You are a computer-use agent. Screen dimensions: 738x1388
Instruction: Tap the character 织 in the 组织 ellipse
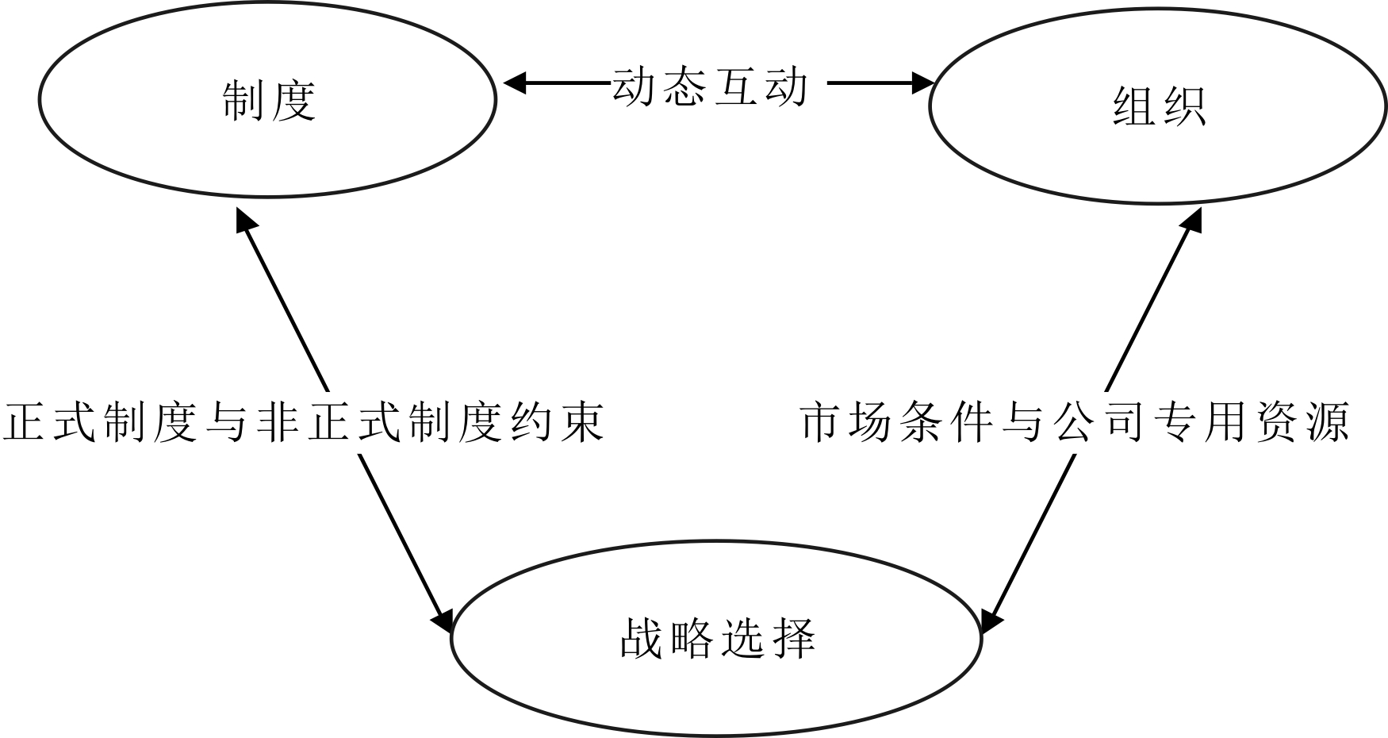pyautogui.click(x=1183, y=106)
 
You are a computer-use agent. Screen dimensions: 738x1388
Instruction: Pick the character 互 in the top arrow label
pyautogui.click(x=736, y=85)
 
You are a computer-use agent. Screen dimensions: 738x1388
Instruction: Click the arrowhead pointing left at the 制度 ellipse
pyautogui.click(x=514, y=83)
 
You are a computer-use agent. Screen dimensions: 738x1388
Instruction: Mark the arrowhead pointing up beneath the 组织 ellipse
pyautogui.click(x=1191, y=218)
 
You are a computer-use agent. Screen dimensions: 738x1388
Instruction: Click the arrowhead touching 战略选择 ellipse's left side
pyautogui.click(x=442, y=619)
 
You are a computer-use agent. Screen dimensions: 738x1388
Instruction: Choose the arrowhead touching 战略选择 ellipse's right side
pyautogui.click(x=991, y=621)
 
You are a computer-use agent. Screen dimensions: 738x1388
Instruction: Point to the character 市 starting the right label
pyautogui.click(x=821, y=421)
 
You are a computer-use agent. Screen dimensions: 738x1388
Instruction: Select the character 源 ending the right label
pyautogui.click(x=1327, y=421)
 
